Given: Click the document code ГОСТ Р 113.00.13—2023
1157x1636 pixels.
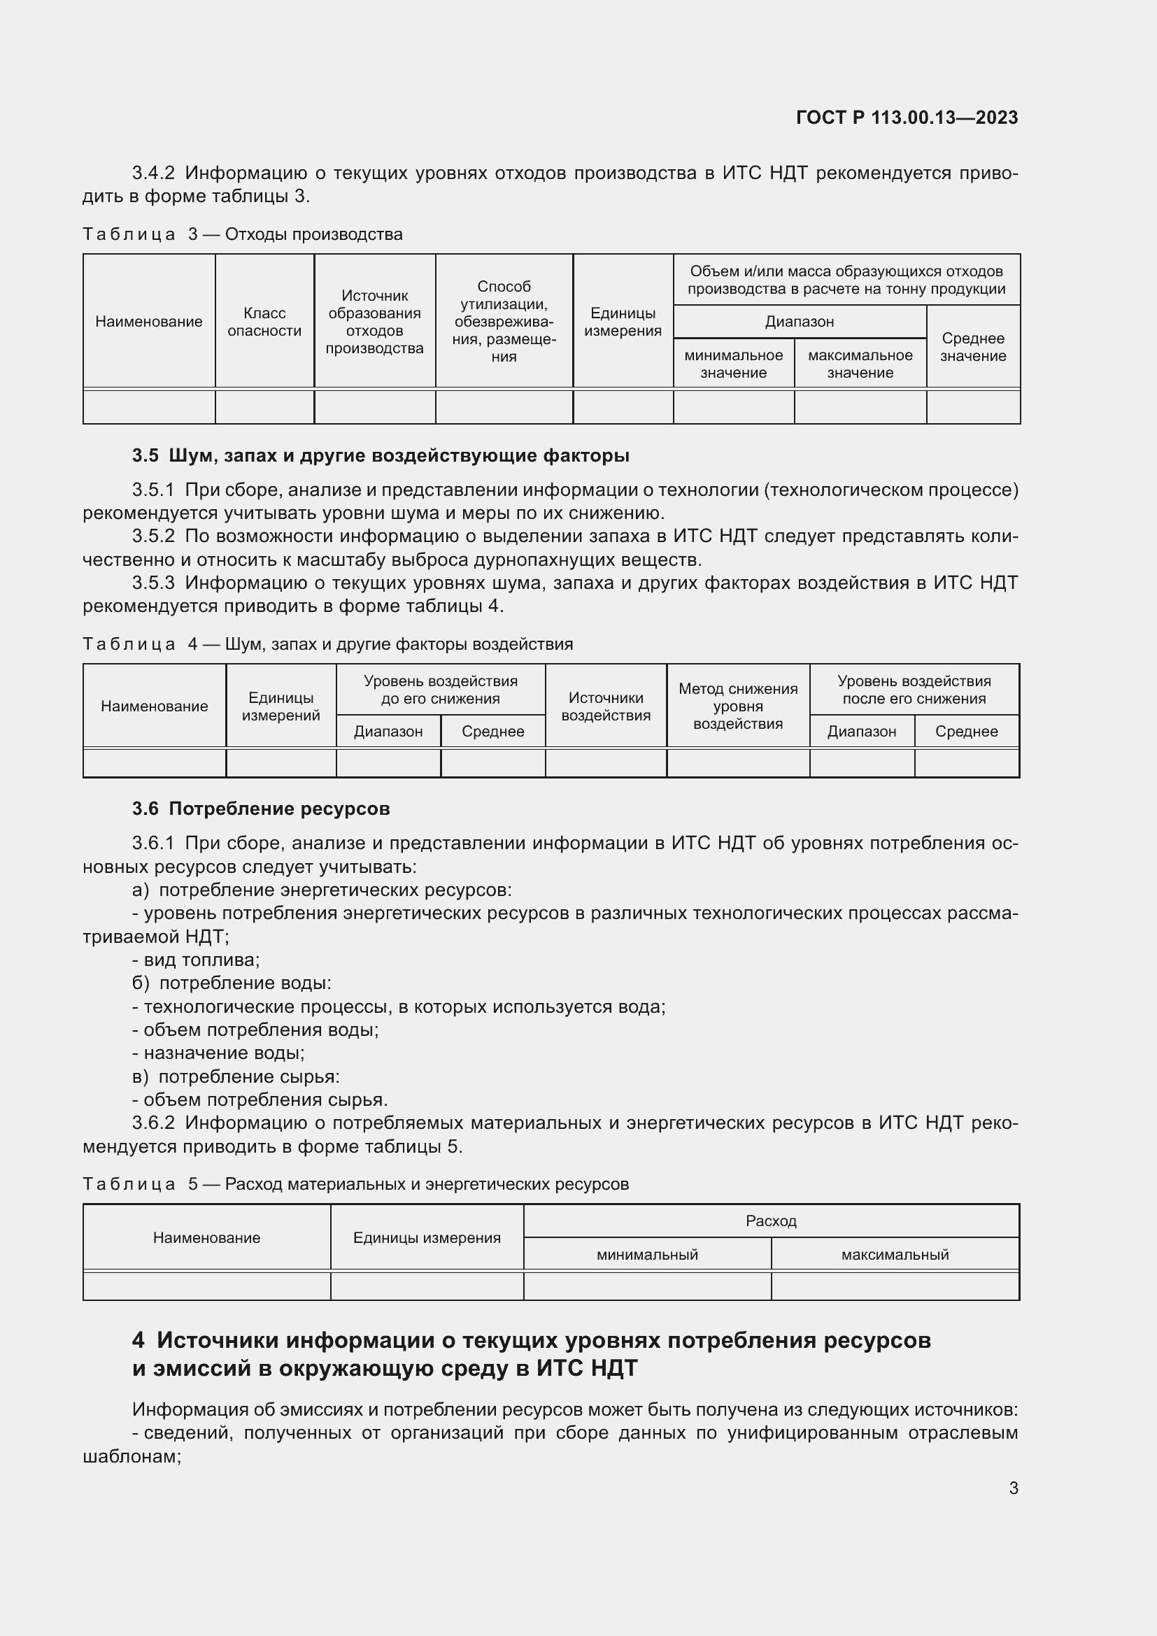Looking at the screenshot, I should (x=906, y=118).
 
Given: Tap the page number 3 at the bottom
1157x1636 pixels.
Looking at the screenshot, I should (x=1013, y=1488).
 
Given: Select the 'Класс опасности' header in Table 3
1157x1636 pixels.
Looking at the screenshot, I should (x=264, y=322).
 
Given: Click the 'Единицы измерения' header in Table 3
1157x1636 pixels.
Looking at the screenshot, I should (x=623, y=322).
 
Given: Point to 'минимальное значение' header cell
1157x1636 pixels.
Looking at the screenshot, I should (x=733, y=364).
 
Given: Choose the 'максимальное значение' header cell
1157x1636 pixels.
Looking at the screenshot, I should (x=860, y=364).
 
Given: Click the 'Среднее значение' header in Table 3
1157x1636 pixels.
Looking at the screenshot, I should (x=972, y=347).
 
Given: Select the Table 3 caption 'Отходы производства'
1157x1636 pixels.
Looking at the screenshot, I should (x=313, y=234).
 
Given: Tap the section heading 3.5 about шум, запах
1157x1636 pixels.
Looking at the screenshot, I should (x=381, y=455).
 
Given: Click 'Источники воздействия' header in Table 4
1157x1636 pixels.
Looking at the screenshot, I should (x=606, y=706).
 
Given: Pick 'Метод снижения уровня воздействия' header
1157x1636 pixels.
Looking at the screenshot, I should (x=737, y=706).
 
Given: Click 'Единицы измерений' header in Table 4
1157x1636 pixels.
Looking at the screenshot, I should (x=281, y=706).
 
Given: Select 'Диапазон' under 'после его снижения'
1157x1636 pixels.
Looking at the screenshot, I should (x=861, y=731).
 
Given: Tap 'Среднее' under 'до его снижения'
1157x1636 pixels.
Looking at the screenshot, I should (x=492, y=731).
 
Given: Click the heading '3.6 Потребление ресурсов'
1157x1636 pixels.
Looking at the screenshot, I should (x=261, y=809).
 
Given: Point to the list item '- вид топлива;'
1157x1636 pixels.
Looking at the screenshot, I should (x=196, y=960).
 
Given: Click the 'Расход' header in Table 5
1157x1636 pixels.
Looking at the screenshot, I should (x=771, y=1221).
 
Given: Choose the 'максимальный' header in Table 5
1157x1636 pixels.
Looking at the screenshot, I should (x=895, y=1254).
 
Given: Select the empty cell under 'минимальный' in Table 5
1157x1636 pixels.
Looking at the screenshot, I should (x=647, y=1286).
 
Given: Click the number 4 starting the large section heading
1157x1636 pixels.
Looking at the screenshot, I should (x=139, y=1341).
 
